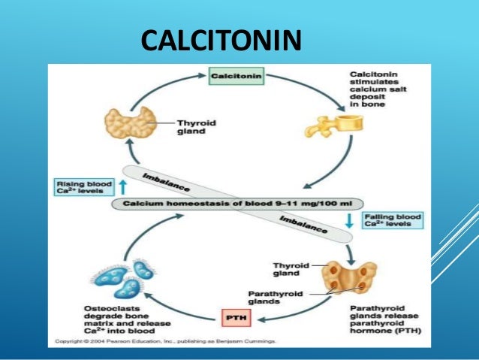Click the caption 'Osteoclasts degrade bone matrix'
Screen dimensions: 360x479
tap(108, 319)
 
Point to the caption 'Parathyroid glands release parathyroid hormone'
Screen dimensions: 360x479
tap(386, 319)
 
